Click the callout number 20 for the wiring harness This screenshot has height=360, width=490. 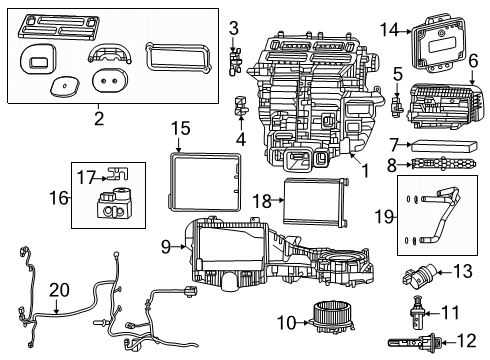click(59, 290)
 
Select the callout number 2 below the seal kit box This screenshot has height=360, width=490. click(98, 120)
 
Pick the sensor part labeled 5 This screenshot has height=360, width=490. click(397, 103)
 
